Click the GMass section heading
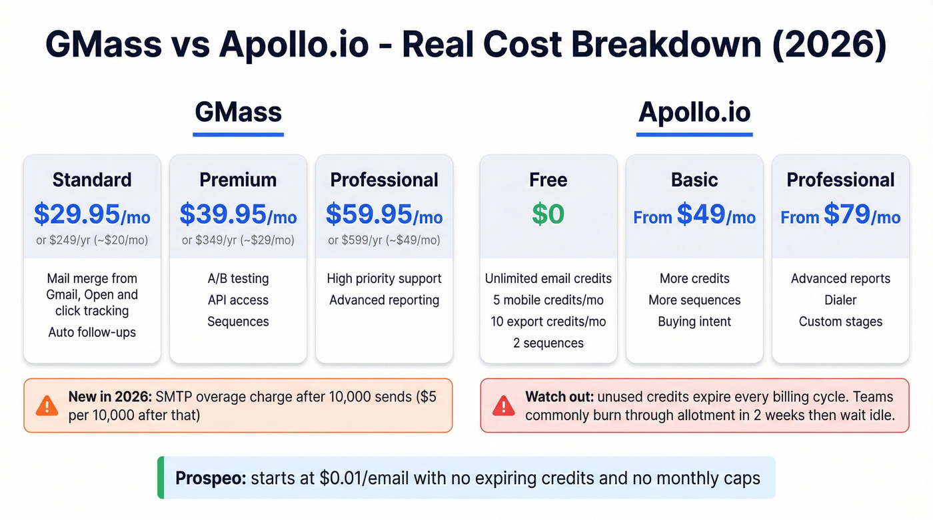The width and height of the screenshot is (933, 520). pyautogui.click(x=238, y=112)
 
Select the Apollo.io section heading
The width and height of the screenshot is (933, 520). pyautogui.click(x=694, y=112)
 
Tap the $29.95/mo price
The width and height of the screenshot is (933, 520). pyautogui.click(x=92, y=214)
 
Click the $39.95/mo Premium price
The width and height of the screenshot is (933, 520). pyautogui.click(x=238, y=214)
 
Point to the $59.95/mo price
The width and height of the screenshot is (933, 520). pyautogui.click(x=384, y=214)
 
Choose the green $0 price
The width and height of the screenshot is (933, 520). pyautogui.click(x=548, y=214)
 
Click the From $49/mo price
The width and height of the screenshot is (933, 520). pyautogui.click(x=694, y=215)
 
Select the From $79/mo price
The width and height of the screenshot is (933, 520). pyautogui.click(x=840, y=215)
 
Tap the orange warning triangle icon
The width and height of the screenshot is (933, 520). pyautogui.click(x=47, y=405)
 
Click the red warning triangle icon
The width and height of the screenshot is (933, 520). pyautogui.click(x=503, y=405)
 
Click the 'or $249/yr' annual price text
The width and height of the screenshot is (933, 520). pyautogui.click(x=92, y=240)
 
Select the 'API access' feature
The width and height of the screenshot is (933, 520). pyautogui.click(x=238, y=300)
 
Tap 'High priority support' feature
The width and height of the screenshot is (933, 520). pyautogui.click(x=384, y=279)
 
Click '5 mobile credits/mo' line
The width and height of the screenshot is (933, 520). pyautogui.click(x=548, y=300)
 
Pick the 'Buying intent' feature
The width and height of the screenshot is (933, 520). pyautogui.click(x=694, y=322)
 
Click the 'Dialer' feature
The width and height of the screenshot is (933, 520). pyautogui.click(x=840, y=300)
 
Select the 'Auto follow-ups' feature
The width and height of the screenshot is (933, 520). pyautogui.click(x=92, y=332)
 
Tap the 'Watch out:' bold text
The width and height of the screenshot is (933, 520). pyautogui.click(x=558, y=397)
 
